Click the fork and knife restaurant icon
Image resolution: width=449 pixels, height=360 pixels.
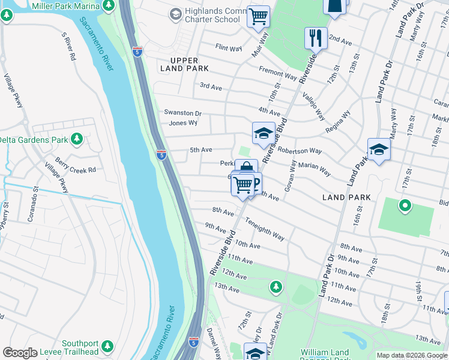(315, 39)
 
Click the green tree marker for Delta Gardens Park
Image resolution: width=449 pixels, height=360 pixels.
(76, 139)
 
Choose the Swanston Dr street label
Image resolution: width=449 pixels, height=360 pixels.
(183, 113)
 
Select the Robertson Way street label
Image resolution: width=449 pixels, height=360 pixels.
(299, 151)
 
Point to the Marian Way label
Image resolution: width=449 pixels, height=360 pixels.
(314, 170)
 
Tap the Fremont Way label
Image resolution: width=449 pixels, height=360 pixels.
(278, 74)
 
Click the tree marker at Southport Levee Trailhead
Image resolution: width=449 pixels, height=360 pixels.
(107, 346)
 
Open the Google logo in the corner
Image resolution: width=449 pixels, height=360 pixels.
(19, 353)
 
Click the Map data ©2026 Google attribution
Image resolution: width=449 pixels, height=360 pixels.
(412, 355)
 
